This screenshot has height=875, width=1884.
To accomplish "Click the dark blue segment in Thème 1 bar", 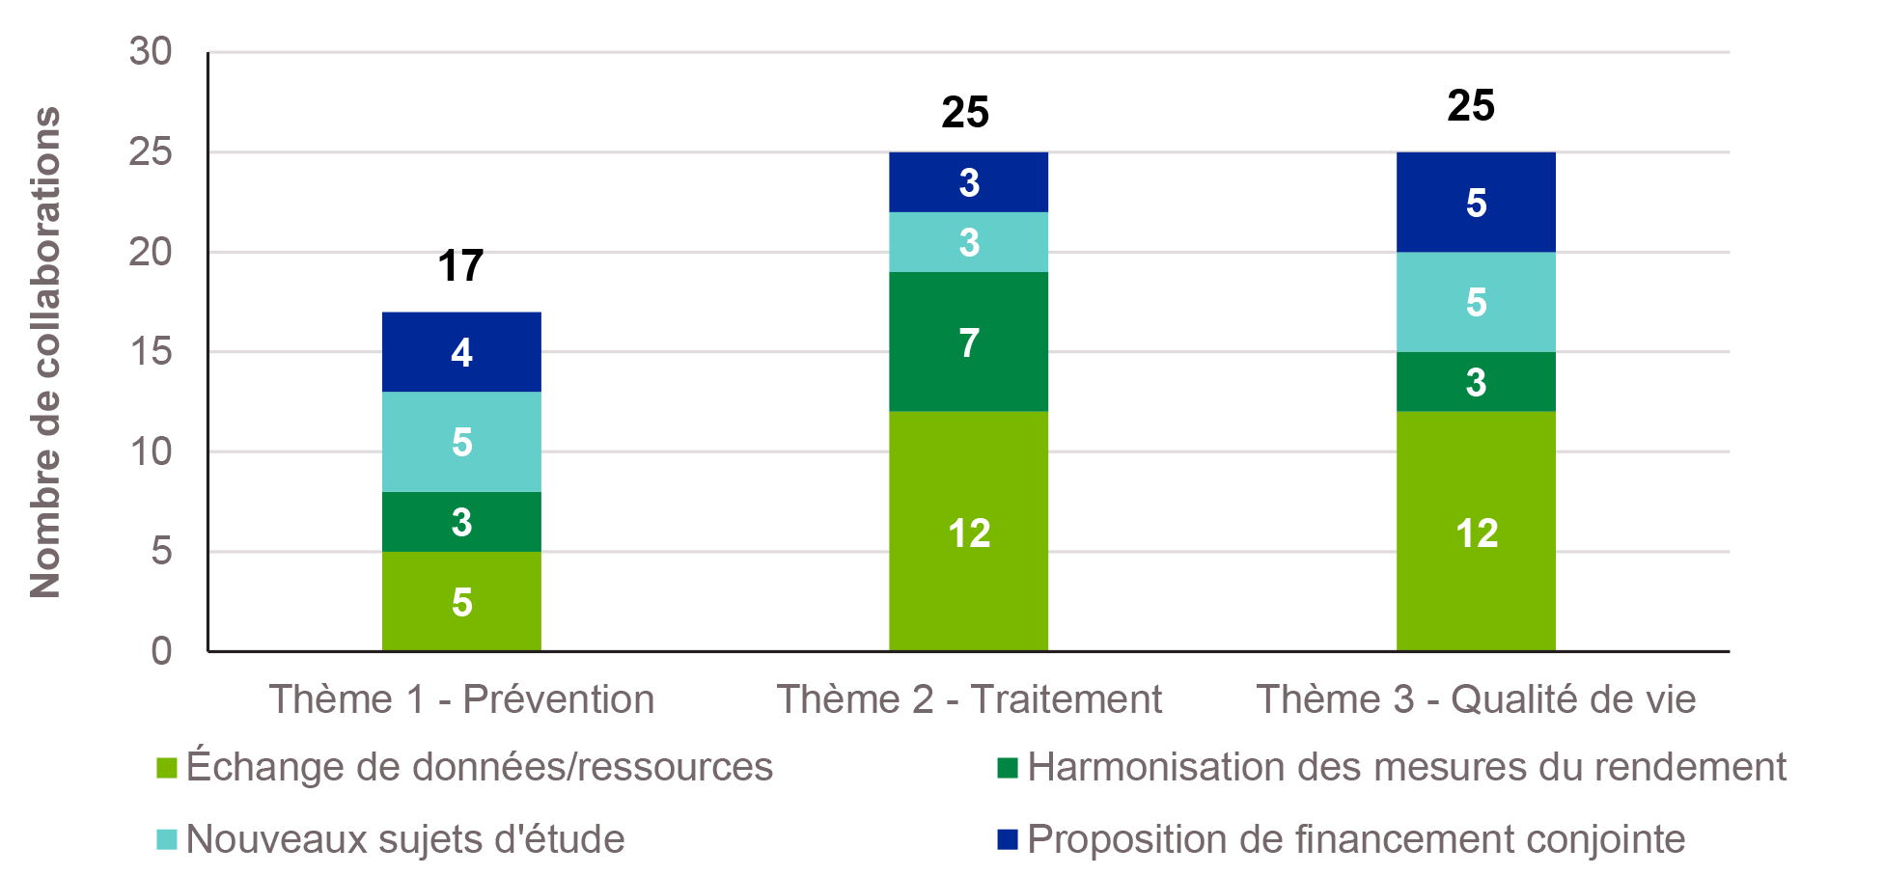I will coord(461,352).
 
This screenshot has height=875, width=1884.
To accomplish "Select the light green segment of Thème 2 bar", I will coord(968,532).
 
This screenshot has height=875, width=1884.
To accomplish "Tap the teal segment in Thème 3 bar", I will coord(1476,302).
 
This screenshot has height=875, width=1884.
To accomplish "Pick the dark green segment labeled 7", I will coord(968,342).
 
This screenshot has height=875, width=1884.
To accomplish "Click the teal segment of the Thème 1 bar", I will coord(461,442).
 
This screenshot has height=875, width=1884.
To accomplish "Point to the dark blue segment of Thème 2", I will coord(968,182).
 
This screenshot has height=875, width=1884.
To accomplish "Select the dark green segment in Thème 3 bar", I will coord(1476,382).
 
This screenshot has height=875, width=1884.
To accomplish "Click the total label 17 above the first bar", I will coord(460,266).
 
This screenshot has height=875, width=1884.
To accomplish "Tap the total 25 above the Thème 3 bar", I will coord(1471,106).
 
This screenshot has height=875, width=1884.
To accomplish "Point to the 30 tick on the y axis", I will coord(151,51).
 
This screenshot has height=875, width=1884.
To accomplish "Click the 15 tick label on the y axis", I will coord(151,351).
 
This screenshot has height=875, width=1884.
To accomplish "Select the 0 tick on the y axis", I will coord(161,651).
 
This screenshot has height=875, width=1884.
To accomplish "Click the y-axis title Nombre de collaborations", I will coord(45,352).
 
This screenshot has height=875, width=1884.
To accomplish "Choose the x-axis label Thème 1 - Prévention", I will coord(461,699).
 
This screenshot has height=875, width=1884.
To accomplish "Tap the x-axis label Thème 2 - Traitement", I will coord(969,699).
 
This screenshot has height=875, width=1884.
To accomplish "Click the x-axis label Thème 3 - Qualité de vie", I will coord(1476,699).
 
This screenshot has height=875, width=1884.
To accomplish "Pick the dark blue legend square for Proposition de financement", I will coord(1008,839).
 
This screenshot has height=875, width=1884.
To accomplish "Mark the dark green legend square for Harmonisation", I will coord(1008,768).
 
